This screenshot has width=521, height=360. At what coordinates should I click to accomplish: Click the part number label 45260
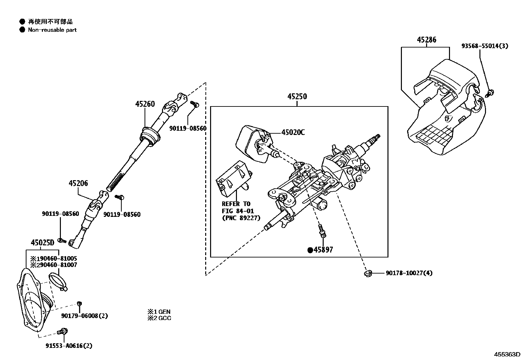click(145, 104)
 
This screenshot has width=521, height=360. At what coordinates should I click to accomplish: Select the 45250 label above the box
click(297, 97)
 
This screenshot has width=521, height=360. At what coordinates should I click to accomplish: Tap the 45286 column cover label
click(426, 40)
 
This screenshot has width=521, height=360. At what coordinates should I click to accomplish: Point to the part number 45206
click(78, 183)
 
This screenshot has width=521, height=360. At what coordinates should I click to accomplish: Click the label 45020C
click(293, 132)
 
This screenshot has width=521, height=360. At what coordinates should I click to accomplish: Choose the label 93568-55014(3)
click(485, 46)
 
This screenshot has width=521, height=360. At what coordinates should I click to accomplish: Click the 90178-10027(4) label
click(409, 273)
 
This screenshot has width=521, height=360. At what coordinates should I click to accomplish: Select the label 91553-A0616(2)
click(69, 346)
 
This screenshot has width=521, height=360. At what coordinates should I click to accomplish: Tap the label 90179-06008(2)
click(84, 316)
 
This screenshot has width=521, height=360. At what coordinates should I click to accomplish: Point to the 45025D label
click(42, 243)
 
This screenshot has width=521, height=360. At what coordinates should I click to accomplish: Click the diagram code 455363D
click(507, 354)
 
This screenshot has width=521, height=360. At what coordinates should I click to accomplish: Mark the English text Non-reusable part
click(52, 30)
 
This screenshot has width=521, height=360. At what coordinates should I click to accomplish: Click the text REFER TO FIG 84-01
click(238, 207)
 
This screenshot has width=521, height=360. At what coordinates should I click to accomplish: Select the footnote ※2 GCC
click(159, 318)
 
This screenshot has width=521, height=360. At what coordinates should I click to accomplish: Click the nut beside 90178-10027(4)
click(368, 273)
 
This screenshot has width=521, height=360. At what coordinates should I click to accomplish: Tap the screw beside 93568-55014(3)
click(490, 93)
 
